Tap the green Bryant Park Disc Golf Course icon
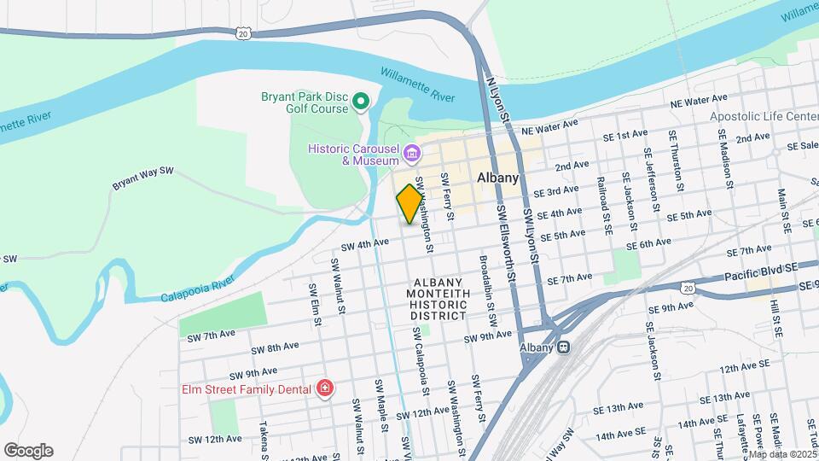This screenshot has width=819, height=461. [361, 103]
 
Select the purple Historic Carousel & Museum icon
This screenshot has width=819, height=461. [413, 155]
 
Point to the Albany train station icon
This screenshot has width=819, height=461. [563, 347]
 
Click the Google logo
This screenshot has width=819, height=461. [28, 451]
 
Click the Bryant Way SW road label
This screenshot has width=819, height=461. [142, 178]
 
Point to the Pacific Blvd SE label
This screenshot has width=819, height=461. [760, 271]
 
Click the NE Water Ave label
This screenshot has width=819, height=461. [699, 102]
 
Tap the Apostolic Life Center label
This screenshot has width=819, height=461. [764, 116]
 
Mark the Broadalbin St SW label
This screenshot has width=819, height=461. [487, 292]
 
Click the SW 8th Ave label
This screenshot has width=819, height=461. [275, 348]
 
